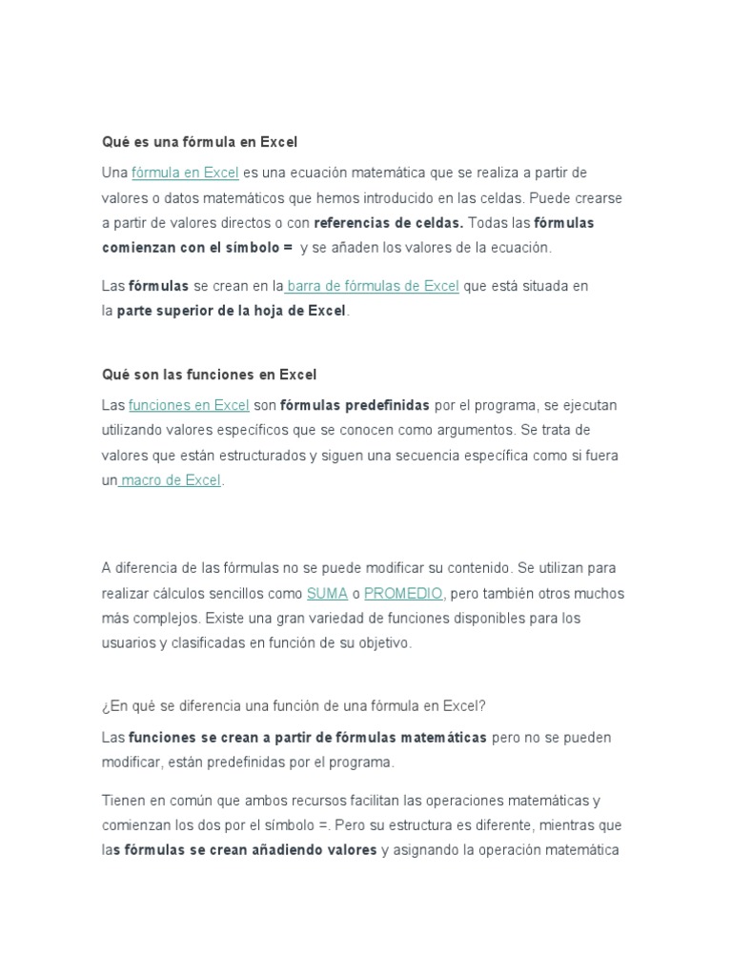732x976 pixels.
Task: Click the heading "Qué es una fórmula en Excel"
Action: (199, 142)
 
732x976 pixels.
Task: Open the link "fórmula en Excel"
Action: (185, 173)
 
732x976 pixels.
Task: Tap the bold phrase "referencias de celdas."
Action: (388, 223)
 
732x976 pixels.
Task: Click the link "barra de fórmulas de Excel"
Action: (373, 286)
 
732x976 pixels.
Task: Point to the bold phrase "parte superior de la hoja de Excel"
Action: (232, 311)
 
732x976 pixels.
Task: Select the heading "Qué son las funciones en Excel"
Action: (209, 375)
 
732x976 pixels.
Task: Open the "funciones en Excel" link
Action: (189, 405)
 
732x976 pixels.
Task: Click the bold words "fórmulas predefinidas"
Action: (355, 405)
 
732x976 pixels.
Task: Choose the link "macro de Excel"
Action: (171, 480)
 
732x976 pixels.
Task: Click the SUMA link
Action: (327, 593)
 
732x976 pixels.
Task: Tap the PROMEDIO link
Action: (403, 593)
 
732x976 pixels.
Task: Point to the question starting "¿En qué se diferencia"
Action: (294, 706)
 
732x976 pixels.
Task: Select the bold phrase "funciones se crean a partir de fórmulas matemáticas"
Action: (308, 738)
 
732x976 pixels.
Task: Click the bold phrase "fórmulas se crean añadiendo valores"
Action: (245, 850)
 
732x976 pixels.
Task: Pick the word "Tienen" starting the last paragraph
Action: (123, 801)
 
